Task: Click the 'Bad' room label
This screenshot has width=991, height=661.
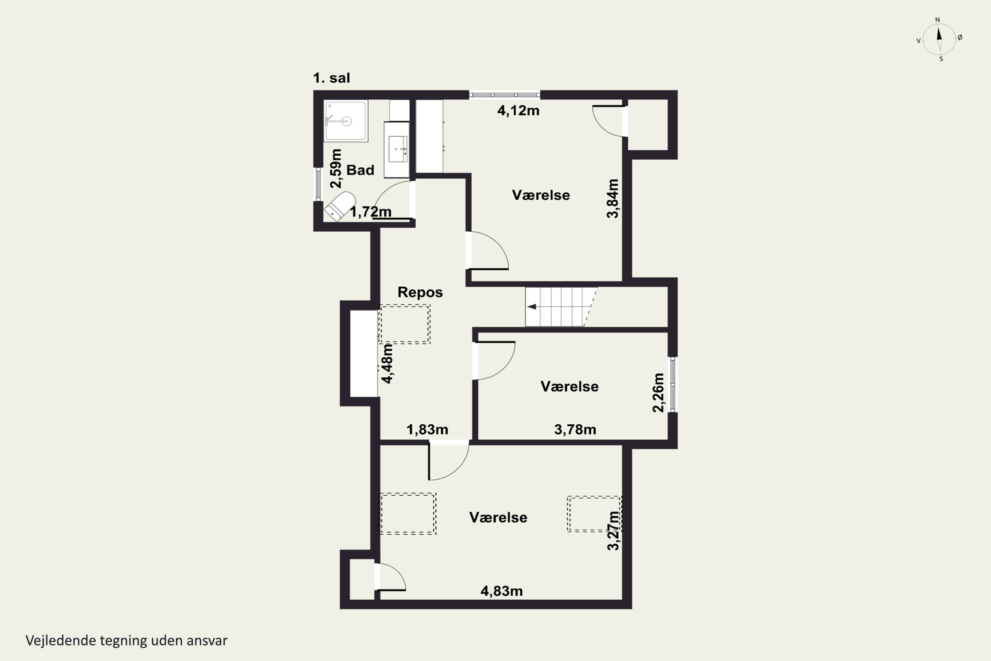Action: click(x=360, y=170)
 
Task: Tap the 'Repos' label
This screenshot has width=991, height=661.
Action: click(x=420, y=292)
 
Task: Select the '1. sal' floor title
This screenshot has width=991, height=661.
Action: click(x=332, y=78)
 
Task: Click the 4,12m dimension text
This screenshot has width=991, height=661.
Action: click(x=518, y=110)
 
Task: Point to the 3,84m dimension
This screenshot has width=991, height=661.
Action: click(x=613, y=199)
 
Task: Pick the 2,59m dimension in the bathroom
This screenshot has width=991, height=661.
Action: click(x=336, y=168)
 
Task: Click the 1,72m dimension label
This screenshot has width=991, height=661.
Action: click(x=371, y=212)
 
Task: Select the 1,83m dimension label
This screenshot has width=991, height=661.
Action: click(x=427, y=430)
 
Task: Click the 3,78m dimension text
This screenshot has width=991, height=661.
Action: click(x=575, y=430)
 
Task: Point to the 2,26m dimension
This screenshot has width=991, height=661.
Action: click(x=658, y=393)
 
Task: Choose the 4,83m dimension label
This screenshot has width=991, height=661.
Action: click(x=502, y=591)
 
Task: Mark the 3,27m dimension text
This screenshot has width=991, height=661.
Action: click(x=613, y=531)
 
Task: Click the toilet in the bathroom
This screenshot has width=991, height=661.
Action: click(x=340, y=206)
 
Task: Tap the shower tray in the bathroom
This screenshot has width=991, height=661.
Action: click(x=346, y=121)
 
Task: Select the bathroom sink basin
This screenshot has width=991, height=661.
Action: click(x=398, y=149)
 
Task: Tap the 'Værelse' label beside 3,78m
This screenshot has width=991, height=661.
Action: click(x=569, y=387)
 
